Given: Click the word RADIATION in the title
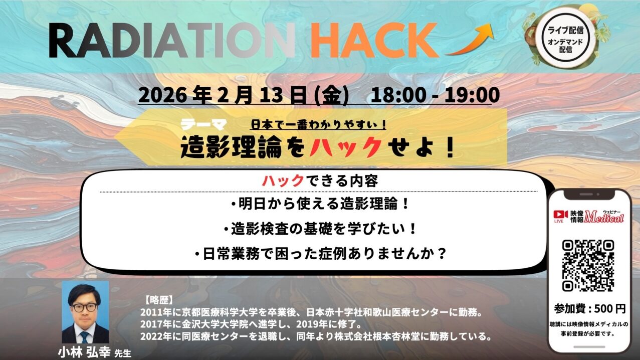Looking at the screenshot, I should [x=170, y=40].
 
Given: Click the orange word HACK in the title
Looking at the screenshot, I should [x=374, y=40].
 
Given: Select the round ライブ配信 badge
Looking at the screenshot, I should [x=565, y=37].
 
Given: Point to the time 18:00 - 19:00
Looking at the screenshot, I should [x=435, y=96].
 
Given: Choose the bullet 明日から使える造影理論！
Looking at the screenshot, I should [x=319, y=205].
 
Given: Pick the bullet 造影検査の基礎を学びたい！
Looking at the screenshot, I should [x=319, y=229].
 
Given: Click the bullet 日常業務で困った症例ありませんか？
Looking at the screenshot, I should [x=319, y=254].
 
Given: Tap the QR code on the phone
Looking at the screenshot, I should [x=588, y=266].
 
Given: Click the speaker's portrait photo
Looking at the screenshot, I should [x=85, y=312].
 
